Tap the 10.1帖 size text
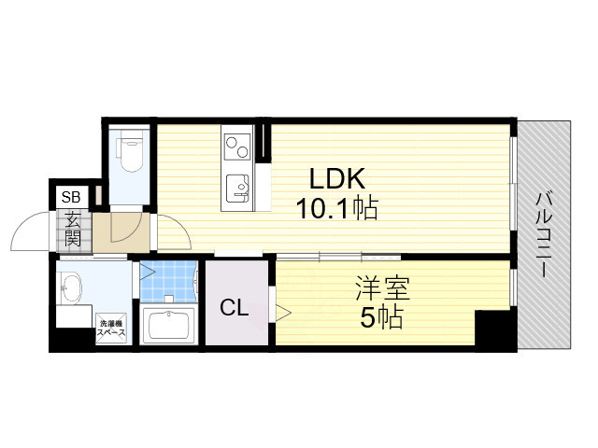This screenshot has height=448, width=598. tap(336, 209)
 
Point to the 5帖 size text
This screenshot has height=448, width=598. tap(380, 317)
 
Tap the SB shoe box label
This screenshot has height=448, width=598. tap(70, 197)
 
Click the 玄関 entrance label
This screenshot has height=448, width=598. tap(71, 230)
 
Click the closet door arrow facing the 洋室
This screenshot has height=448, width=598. tap(279, 310)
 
